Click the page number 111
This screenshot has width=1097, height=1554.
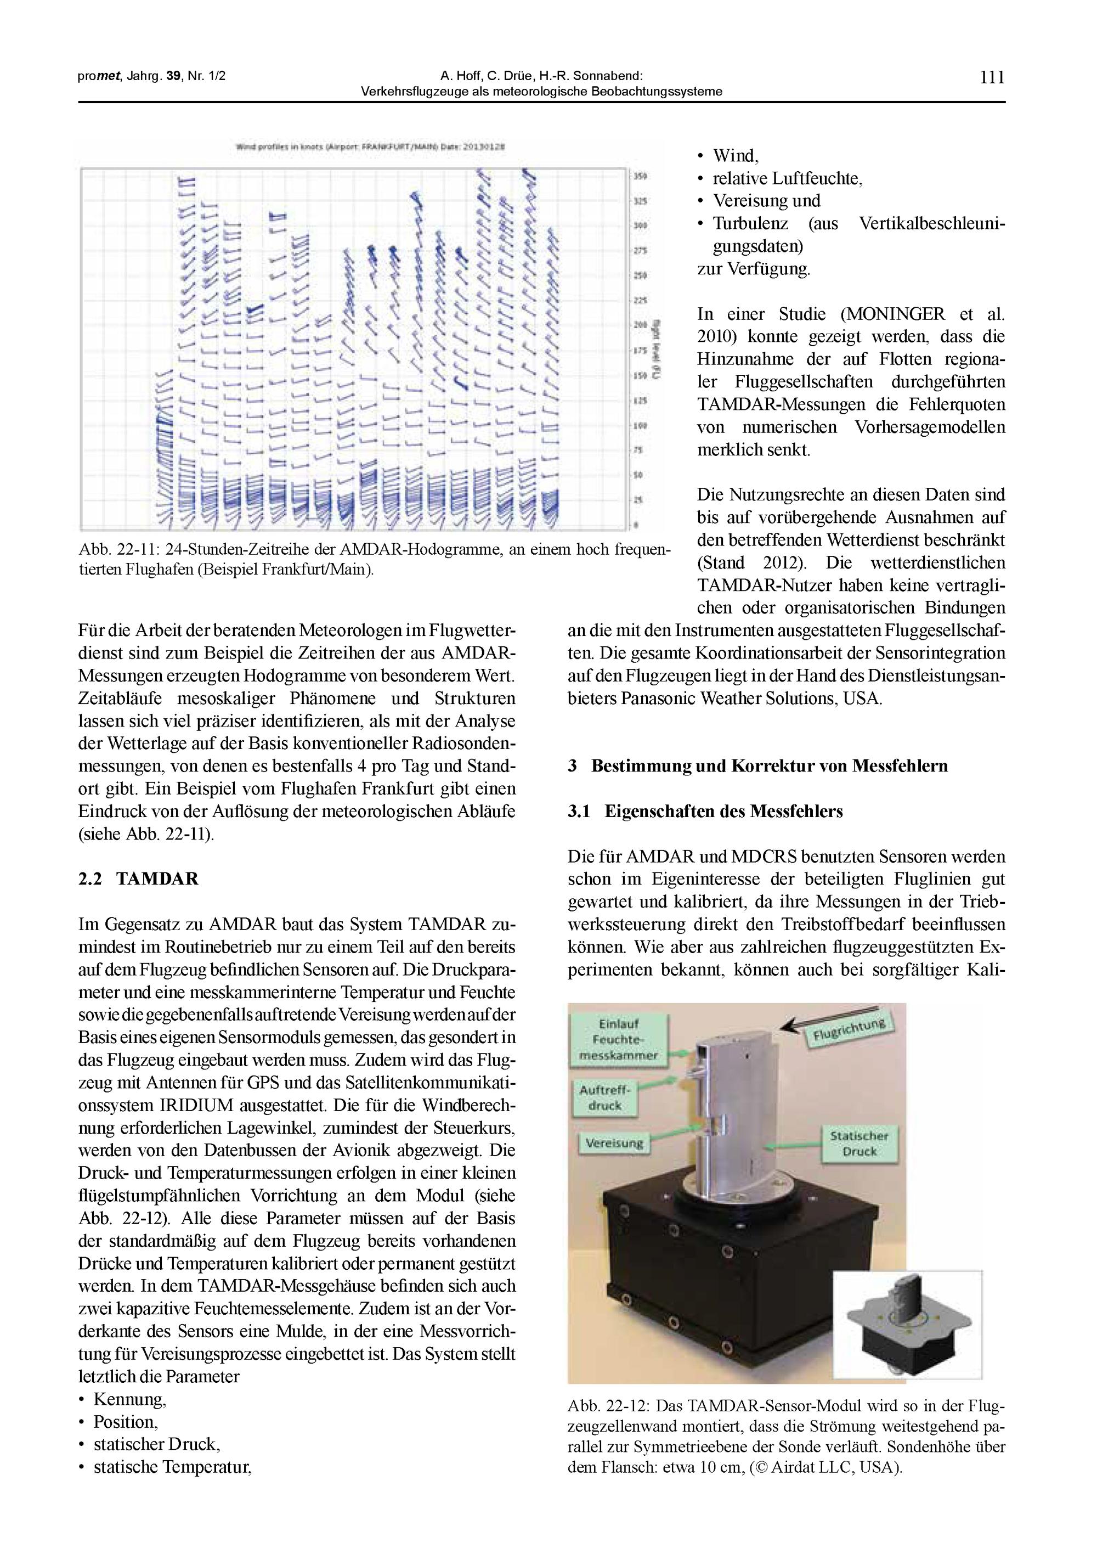[992, 77]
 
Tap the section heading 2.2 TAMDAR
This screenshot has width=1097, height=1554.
[139, 879]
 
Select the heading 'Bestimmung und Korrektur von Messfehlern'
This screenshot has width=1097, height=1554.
[769, 765]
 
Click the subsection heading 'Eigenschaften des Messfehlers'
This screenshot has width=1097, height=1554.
[723, 811]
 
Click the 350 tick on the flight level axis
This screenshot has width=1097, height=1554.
[640, 177]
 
